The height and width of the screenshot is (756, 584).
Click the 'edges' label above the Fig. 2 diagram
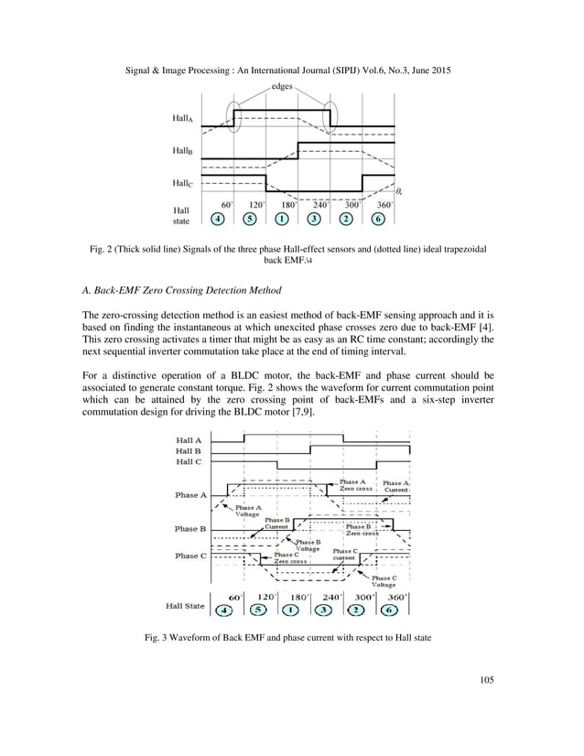pos(282,87)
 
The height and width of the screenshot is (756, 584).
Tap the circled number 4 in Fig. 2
pos(217,219)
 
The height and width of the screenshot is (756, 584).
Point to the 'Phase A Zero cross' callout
pos(353,486)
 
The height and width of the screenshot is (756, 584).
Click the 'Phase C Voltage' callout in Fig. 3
pos(383,581)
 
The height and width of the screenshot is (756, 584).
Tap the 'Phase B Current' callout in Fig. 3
pos(276,524)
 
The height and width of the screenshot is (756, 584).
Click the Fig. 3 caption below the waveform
pos(292,637)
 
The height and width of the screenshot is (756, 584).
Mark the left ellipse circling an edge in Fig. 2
pos(234,116)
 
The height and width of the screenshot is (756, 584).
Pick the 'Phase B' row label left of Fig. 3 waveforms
pos(191,528)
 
